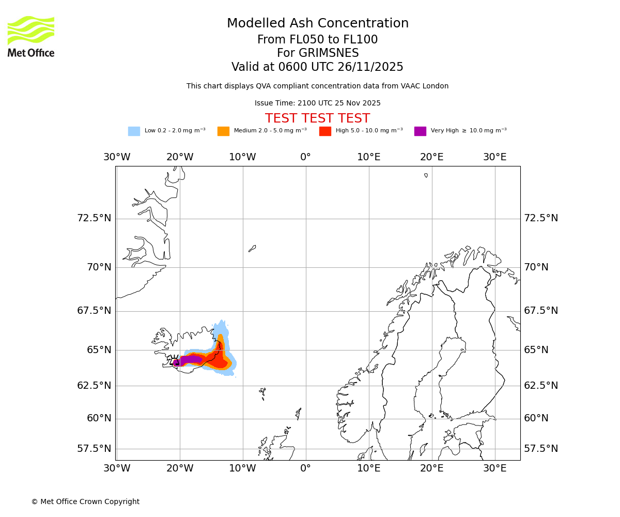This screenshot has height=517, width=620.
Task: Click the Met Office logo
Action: click(31, 36)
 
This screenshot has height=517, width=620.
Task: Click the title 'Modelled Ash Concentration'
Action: click(318, 24)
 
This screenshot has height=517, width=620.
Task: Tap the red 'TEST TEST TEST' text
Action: click(317, 118)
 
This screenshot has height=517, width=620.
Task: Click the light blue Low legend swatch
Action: click(134, 131)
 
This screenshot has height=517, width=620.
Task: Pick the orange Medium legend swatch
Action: click(223, 131)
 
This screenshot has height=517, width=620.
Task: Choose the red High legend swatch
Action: click(325, 131)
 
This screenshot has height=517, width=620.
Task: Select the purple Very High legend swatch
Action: click(420, 131)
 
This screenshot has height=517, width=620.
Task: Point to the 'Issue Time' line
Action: click(317, 103)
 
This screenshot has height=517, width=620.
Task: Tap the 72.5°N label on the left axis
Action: click(94, 218)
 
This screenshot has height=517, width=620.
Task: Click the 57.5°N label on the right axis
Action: click(541, 449)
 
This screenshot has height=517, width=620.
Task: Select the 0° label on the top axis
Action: click(306, 157)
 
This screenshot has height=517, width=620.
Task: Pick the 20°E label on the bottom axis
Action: click(431, 468)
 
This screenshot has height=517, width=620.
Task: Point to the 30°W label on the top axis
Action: click(117, 157)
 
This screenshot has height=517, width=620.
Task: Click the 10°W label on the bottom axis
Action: click(242, 468)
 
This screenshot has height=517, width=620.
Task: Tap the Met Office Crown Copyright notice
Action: click(85, 501)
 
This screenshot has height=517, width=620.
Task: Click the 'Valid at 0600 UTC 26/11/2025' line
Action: click(317, 67)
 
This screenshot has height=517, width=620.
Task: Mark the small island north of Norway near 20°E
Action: click(426, 175)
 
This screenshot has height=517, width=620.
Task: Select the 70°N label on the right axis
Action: click(536, 267)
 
